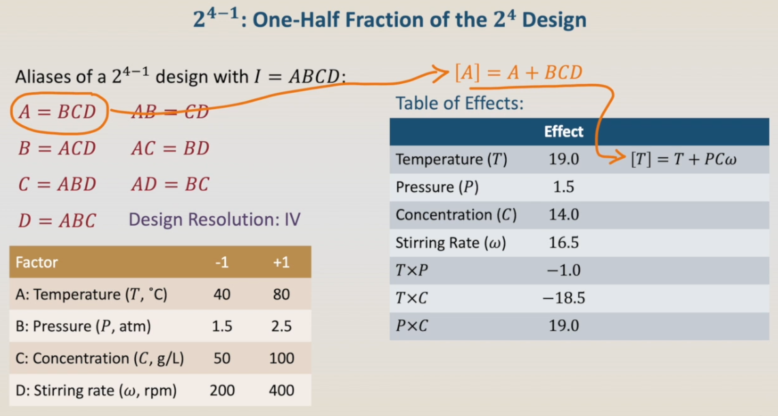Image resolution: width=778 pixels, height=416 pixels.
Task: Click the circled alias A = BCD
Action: [57, 113]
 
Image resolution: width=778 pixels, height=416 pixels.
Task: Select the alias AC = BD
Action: [170, 149]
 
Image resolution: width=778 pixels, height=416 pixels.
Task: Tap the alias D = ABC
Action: [57, 220]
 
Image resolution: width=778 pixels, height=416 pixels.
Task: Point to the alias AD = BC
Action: [170, 185]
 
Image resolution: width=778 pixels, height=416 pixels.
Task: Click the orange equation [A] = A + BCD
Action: [518, 73]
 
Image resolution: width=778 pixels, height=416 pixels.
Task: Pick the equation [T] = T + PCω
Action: [683, 160]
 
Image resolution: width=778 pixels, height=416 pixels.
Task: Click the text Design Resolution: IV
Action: [215, 220]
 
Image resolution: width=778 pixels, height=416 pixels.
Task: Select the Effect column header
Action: [563, 132]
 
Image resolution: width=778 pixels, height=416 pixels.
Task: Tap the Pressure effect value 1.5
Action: [563, 187]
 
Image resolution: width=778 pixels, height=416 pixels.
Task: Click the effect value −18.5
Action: [563, 298]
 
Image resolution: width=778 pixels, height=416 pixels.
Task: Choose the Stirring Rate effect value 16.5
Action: [563, 243]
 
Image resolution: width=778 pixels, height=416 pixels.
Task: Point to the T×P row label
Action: [412, 271]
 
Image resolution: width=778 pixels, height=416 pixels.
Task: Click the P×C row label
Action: [412, 326]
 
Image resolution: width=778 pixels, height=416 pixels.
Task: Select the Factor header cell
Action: [37, 262]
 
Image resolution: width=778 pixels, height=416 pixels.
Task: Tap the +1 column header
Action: [281, 262]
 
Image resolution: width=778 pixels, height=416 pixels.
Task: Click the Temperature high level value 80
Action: [281, 295]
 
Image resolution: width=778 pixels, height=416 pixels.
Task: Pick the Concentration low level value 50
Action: [222, 359]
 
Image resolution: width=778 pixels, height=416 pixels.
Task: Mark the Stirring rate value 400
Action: [281, 390]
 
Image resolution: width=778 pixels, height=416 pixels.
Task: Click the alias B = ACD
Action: [57, 149]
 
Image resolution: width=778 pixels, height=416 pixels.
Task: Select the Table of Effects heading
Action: [459, 103]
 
